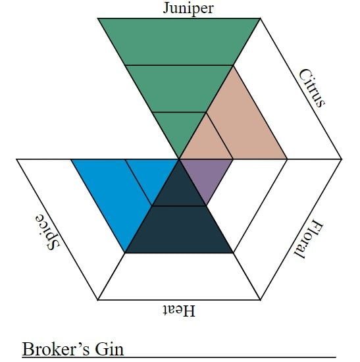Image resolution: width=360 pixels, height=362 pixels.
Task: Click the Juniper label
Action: pyautogui.click(x=188, y=9)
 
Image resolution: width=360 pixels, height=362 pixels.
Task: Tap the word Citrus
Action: pyautogui.click(x=312, y=88)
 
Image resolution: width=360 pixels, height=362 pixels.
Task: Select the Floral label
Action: pyautogui.click(x=309, y=240)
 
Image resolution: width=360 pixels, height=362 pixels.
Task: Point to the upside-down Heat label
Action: pyautogui.click(x=179, y=310)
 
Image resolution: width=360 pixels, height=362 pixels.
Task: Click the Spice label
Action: pyautogui.click(x=48, y=232)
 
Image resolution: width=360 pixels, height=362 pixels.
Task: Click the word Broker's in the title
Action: pyautogui.click(x=56, y=349)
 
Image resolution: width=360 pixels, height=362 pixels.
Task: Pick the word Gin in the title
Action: pyautogui.click(x=109, y=349)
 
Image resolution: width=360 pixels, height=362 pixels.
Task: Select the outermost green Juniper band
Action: pyautogui.click(x=179, y=41)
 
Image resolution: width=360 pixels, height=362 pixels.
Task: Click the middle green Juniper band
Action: pyautogui.click(x=179, y=89)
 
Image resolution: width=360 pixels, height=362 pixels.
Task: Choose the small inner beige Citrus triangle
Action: pyautogui.click(x=207, y=143)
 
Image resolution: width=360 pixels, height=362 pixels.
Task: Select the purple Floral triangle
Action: pyautogui.click(x=206, y=174)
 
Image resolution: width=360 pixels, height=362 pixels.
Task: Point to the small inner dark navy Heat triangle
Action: pyautogui.click(x=179, y=190)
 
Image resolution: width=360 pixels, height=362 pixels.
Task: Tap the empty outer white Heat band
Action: pyautogui.click(x=179, y=276)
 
